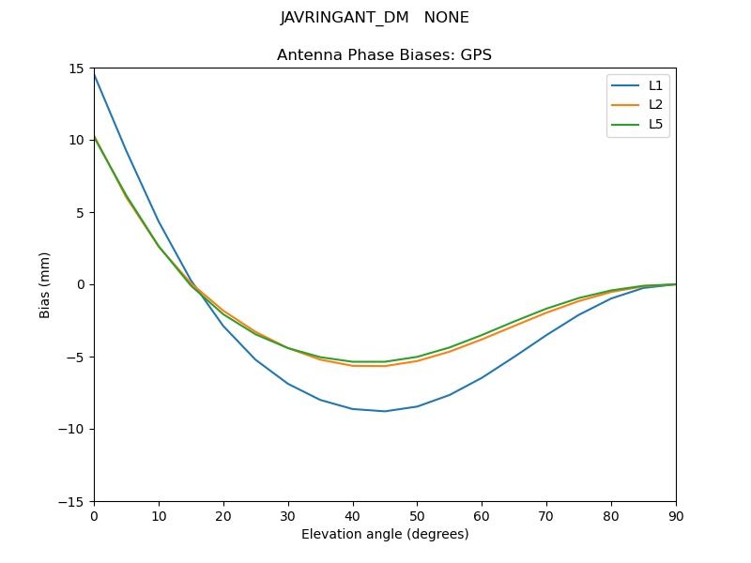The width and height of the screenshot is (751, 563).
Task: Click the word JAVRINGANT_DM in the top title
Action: (x=345, y=18)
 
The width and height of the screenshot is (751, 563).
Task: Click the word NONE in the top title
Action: (x=447, y=18)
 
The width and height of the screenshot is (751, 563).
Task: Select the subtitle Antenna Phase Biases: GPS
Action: (x=384, y=55)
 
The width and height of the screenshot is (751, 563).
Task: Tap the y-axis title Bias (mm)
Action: (x=45, y=284)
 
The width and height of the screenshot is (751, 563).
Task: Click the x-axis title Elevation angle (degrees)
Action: (x=385, y=534)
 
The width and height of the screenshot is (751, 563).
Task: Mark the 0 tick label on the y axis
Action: (x=82, y=284)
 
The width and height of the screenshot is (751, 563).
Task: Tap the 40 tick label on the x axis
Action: (x=352, y=515)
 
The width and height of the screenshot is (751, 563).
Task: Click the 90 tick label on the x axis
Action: (x=676, y=515)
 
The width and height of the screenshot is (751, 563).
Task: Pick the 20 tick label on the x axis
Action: (x=223, y=515)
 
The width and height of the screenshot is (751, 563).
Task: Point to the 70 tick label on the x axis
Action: (x=546, y=515)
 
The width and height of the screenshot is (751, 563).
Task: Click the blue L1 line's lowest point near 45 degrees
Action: (x=385, y=411)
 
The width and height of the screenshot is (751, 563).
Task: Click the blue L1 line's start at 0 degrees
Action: (x=94, y=73)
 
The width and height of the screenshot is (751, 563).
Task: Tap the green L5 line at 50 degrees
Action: (x=417, y=357)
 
